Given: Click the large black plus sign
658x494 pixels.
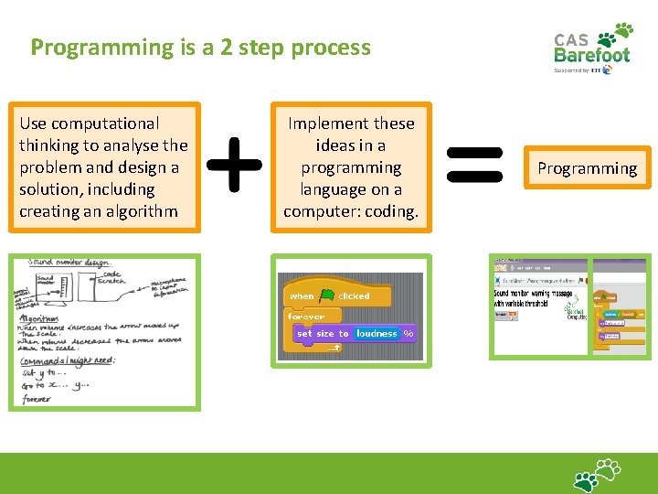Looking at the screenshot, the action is tap(235, 166).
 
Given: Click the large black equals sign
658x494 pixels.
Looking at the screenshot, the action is tap(474, 166).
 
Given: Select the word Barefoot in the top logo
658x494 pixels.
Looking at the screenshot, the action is tap(592, 55).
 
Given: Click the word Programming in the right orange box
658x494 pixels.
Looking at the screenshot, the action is tap(587, 168).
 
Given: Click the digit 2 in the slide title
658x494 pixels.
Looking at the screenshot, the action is tap(226, 48).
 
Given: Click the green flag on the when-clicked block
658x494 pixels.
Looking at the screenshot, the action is tap(327, 295).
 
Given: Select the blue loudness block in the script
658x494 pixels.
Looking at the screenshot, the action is tap(377, 334).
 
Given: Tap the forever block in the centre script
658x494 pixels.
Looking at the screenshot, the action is tap(306, 317).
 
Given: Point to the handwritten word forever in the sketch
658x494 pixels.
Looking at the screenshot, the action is tap(39, 399).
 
